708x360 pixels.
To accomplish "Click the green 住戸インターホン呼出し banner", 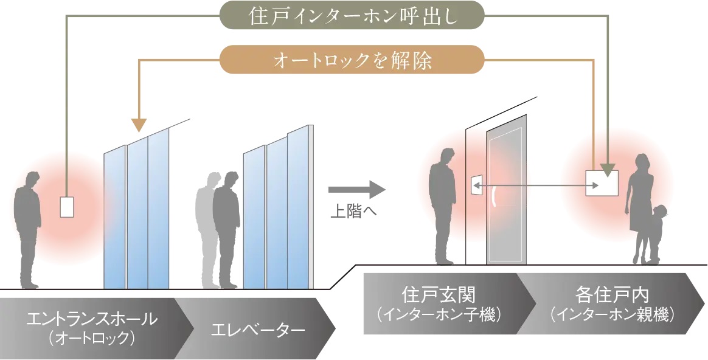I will coord(352,15).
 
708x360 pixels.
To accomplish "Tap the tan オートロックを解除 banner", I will coord(352,60).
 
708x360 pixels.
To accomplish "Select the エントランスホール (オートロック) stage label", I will coord(91,325).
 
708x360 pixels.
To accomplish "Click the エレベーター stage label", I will coord(258,331).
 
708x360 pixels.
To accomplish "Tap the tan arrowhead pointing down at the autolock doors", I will coord(139,125).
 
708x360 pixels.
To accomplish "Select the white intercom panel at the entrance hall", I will coord(66,207).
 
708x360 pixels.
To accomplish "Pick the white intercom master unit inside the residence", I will coord(602,183).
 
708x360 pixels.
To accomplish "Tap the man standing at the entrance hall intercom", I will coord(27,231).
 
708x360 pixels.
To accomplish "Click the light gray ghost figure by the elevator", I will coord(205,225).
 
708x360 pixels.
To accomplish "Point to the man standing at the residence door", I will coord(443,207).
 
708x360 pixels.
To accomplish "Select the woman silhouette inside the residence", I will coord(640,201).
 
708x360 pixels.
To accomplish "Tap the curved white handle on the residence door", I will coord(493,197).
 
